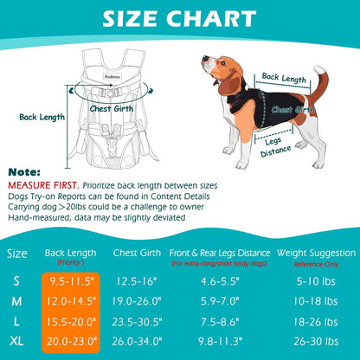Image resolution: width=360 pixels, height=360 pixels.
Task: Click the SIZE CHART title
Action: (180, 19)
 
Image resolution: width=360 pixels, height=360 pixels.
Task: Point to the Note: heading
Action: (25, 171)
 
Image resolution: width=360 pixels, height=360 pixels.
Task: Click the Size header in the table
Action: (17, 254)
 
